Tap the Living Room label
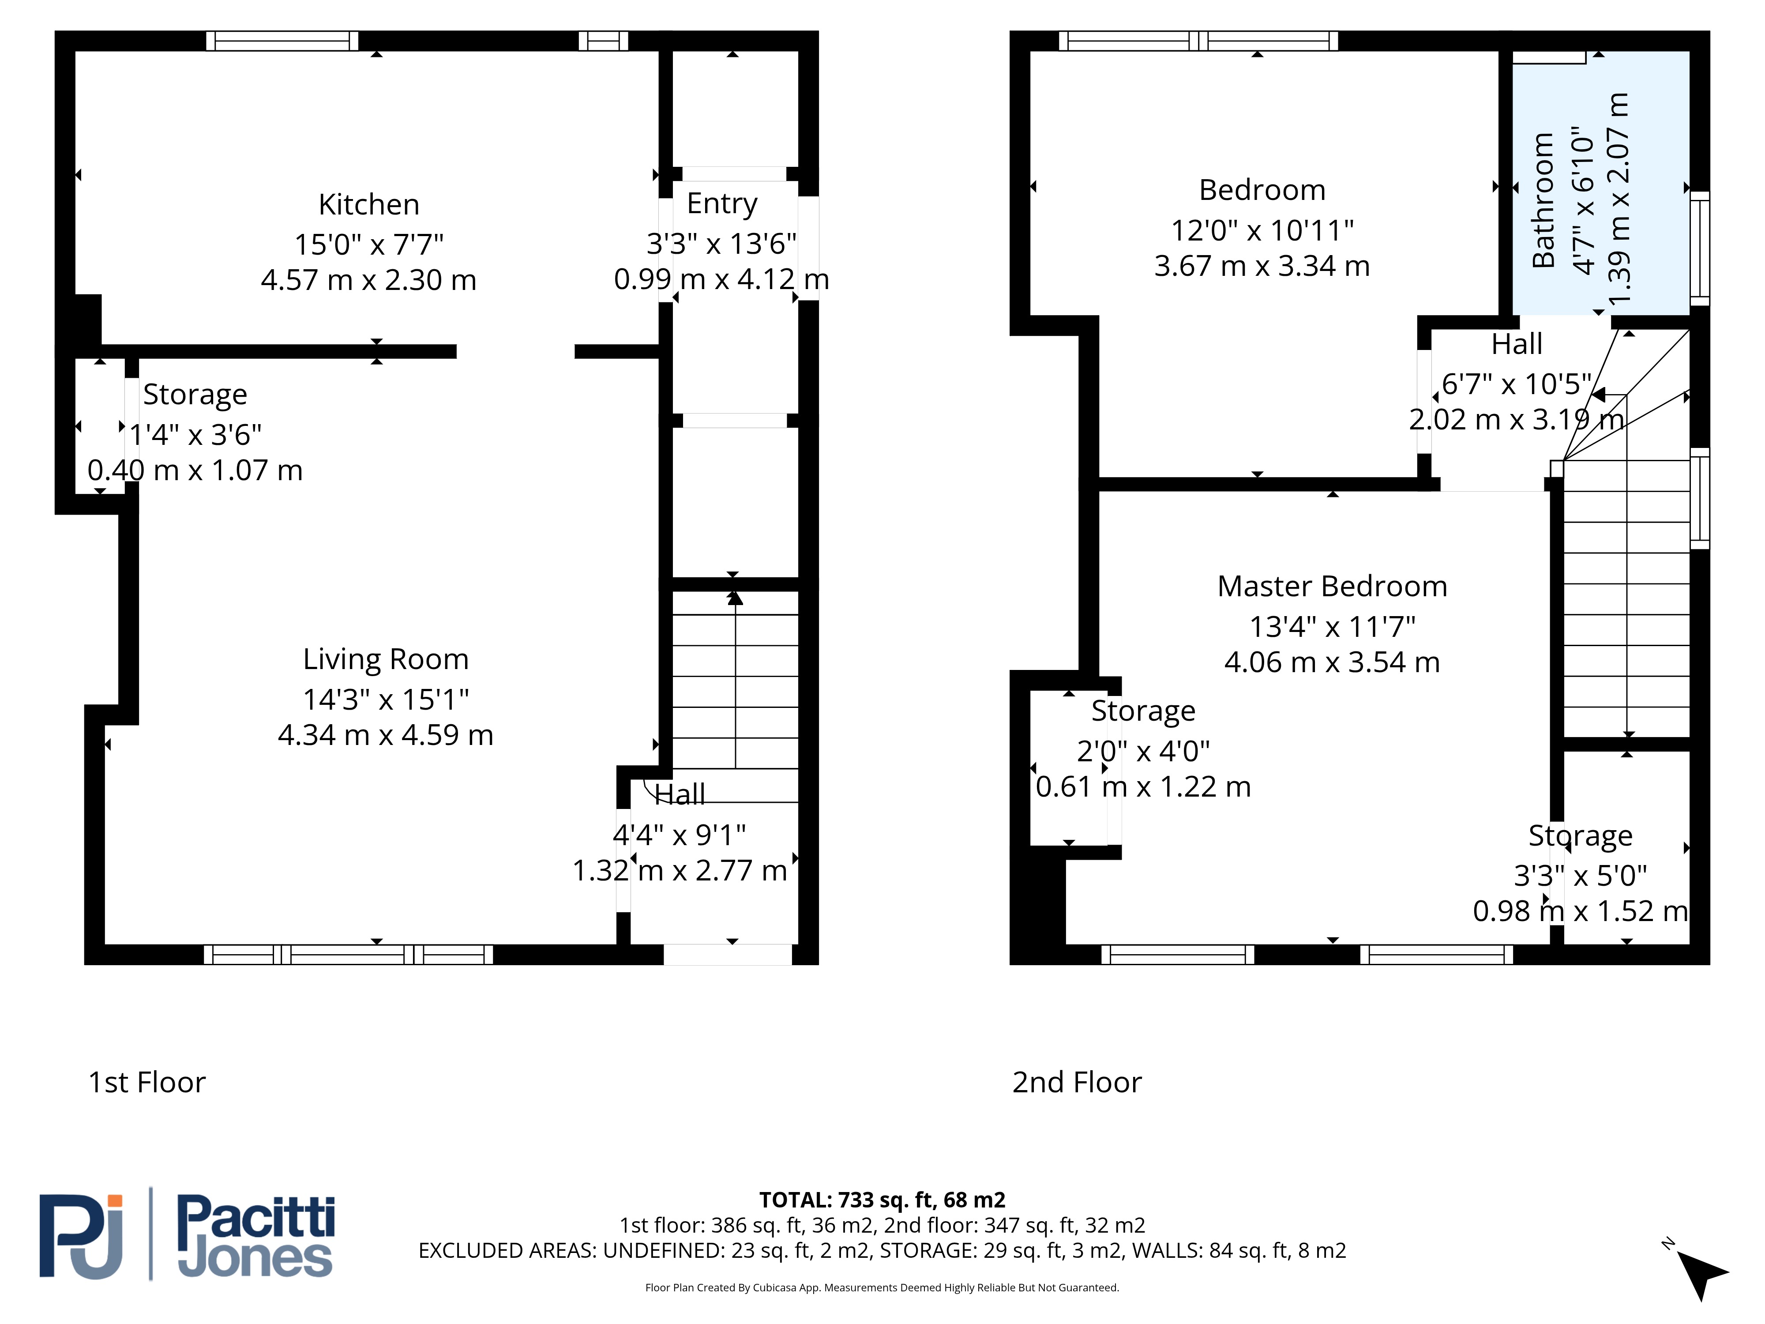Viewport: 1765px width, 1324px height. tap(385, 660)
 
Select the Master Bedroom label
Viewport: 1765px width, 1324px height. tap(1332, 587)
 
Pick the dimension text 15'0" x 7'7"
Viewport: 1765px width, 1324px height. tap(368, 244)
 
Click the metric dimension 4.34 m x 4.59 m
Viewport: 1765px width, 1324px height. tap(385, 735)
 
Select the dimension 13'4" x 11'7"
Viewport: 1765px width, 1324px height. tap(1332, 627)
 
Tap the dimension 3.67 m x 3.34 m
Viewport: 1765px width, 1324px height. tap(1262, 266)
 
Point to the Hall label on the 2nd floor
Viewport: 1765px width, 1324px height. tap(1516, 344)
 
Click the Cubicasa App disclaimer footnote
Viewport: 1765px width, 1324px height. tap(882, 1287)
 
